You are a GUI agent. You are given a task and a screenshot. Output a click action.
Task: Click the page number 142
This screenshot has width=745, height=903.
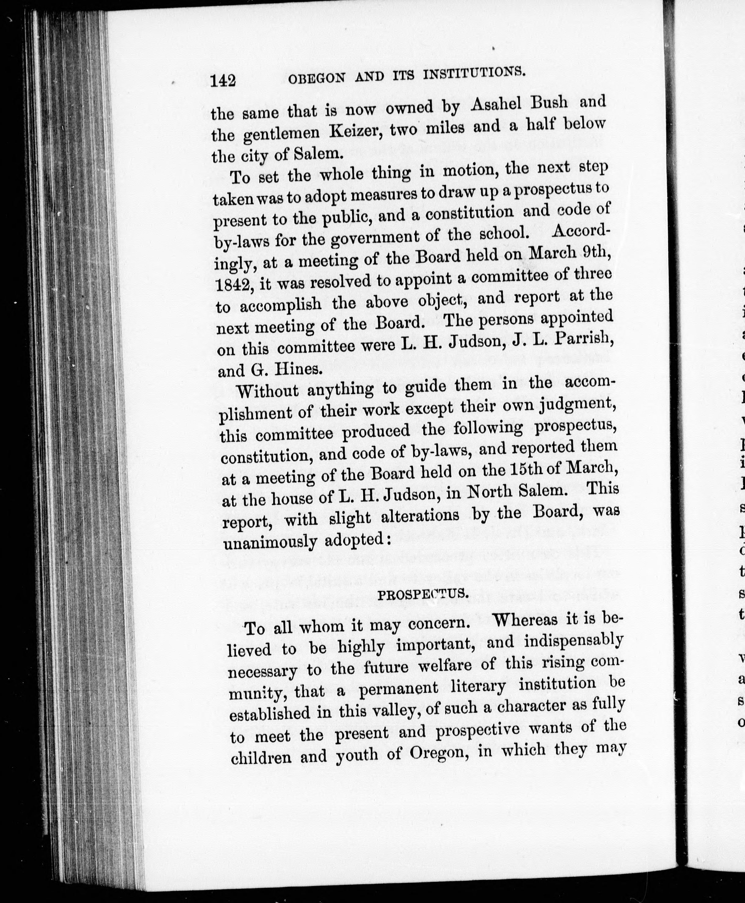[x=223, y=80]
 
